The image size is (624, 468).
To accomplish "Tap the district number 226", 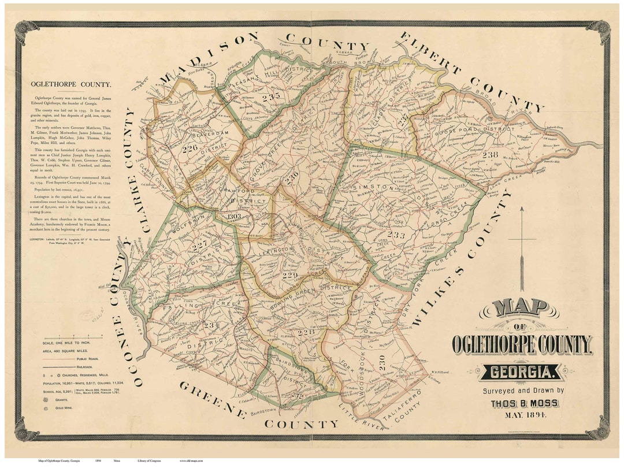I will (189, 148).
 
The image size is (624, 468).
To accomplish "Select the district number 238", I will (490, 154).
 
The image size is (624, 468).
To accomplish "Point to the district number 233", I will (396, 235).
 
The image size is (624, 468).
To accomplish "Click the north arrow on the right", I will (522, 248).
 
